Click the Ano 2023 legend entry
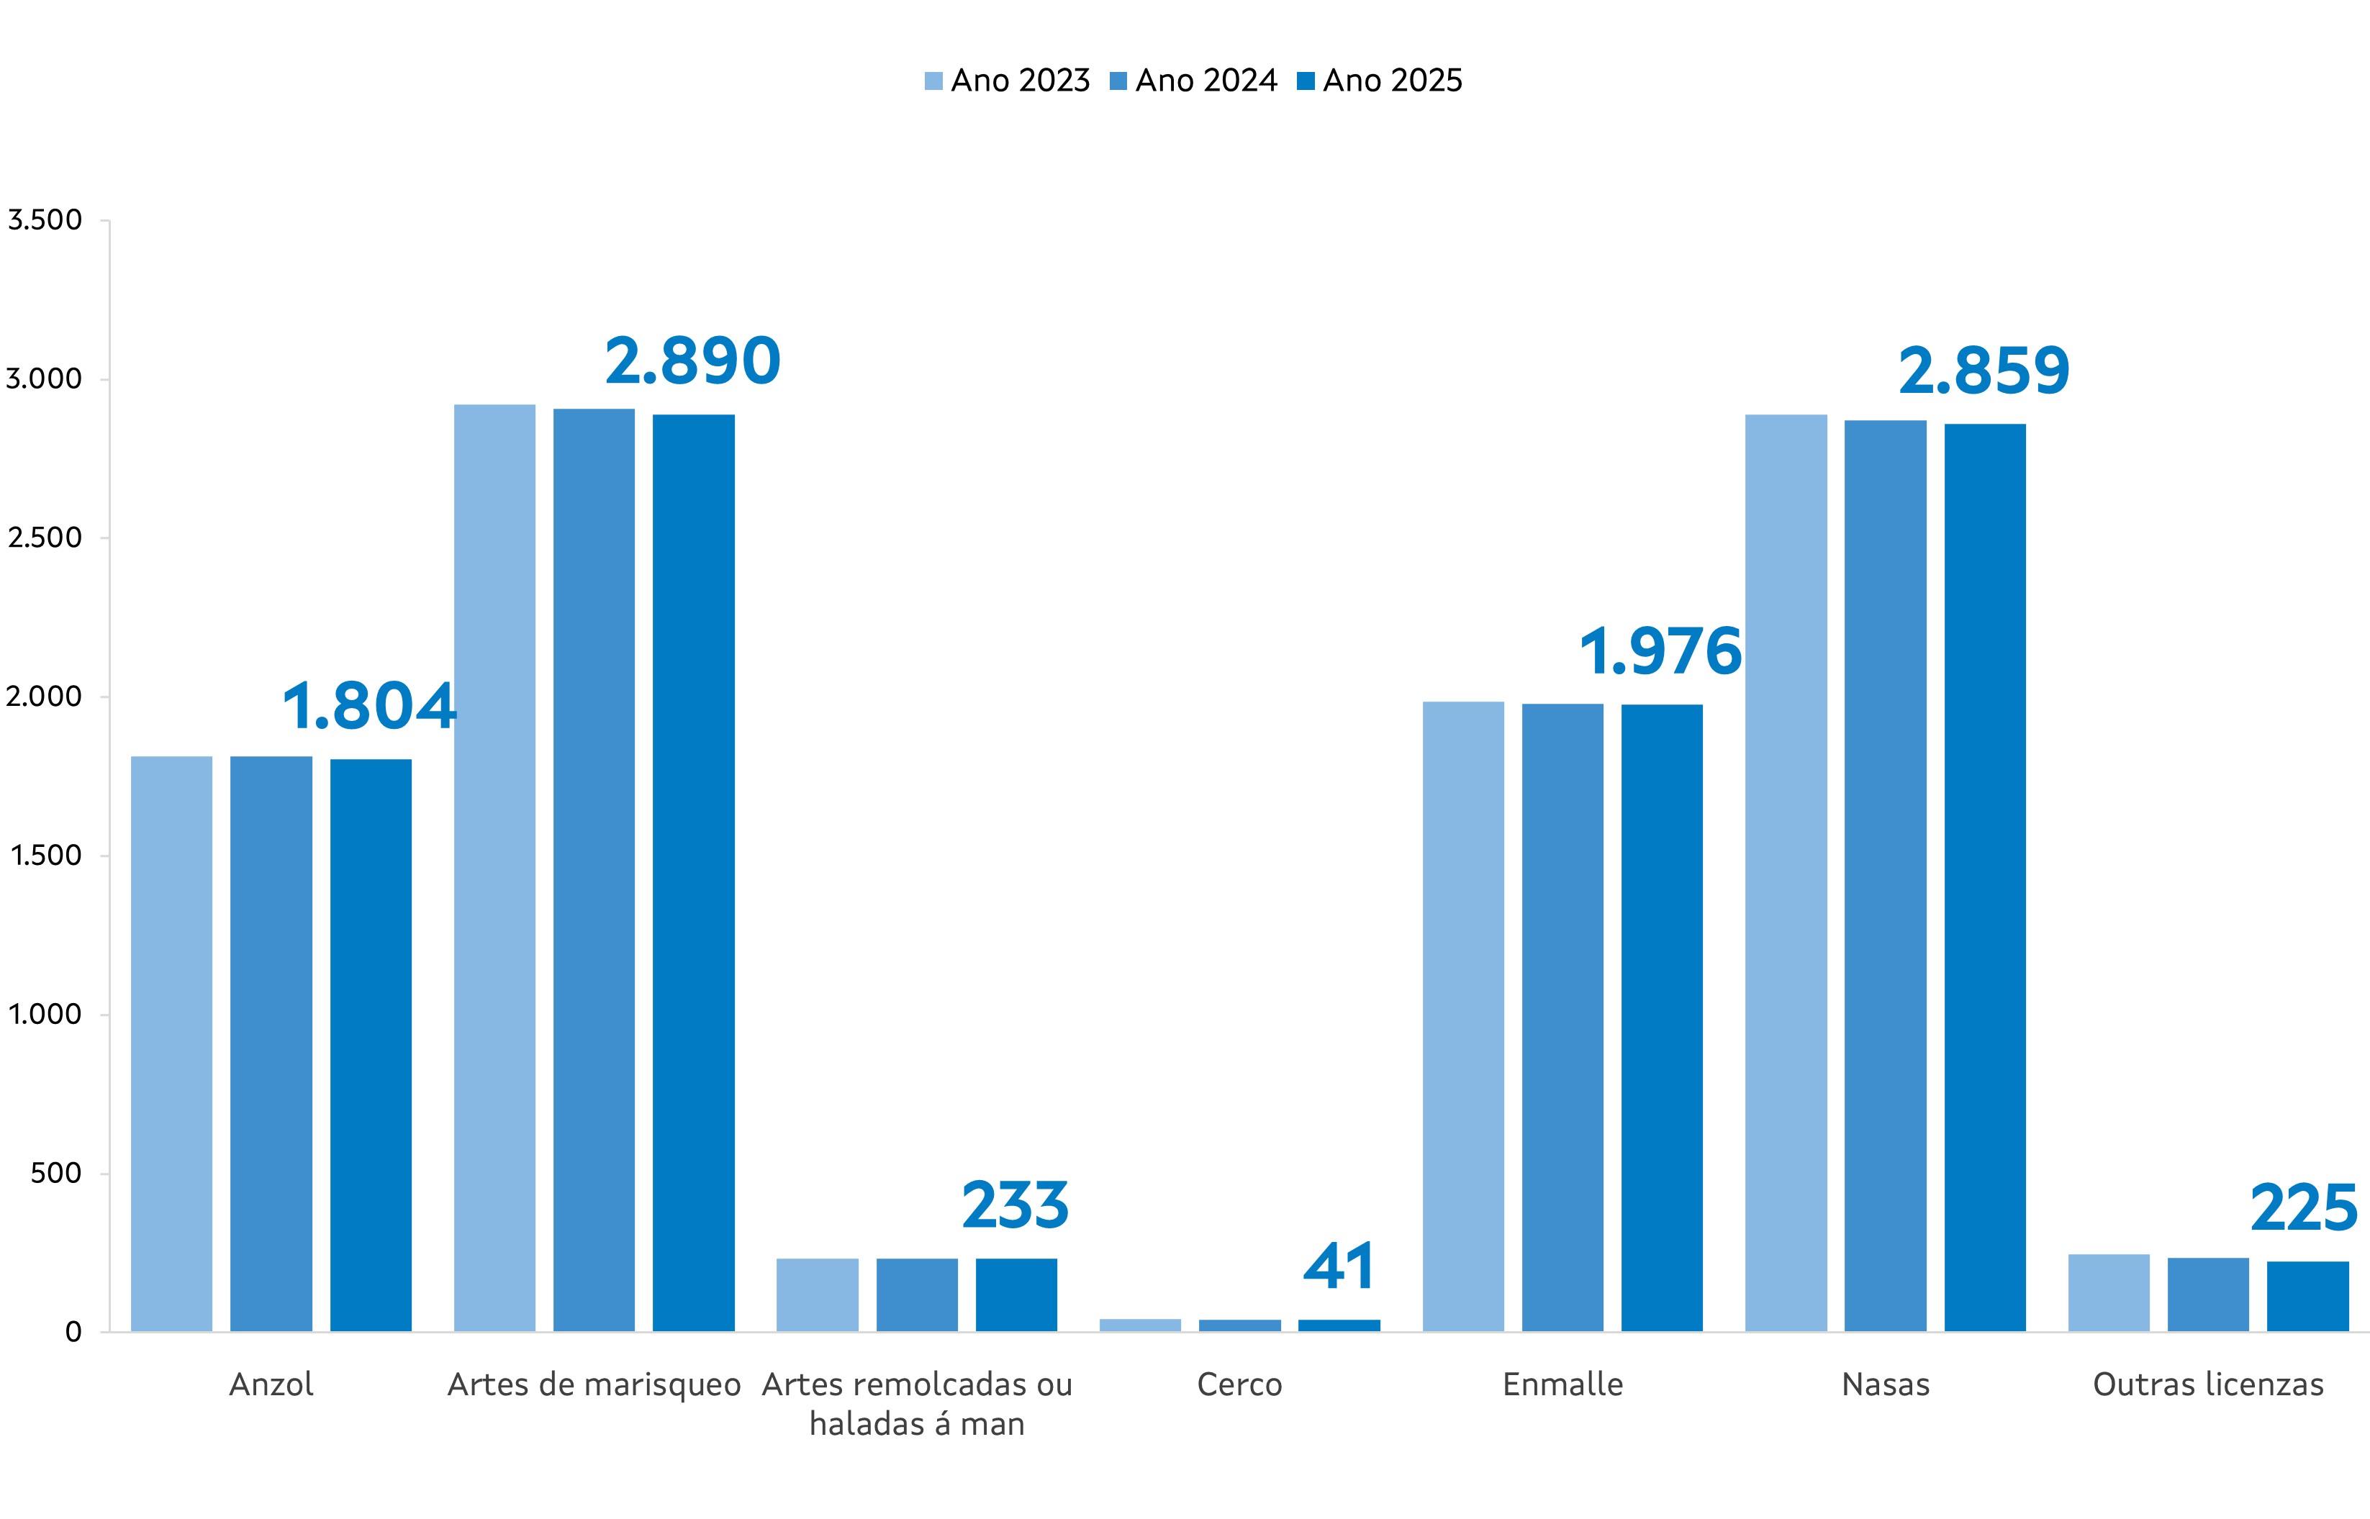(1007, 81)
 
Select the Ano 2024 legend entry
(1193, 81)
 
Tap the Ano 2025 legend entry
(1380, 81)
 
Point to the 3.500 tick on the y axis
(45, 220)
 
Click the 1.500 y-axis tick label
(45, 855)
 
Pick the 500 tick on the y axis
(56, 1173)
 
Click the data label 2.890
(692, 361)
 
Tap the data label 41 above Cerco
(1339, 1266)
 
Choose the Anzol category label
(271, 1385)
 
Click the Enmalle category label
(1562, 1385)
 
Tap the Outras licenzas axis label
(2208, 1385)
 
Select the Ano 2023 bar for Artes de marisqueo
(494, 868)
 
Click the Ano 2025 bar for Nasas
(1984, 878)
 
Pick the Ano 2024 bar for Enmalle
(1562, 1017)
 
